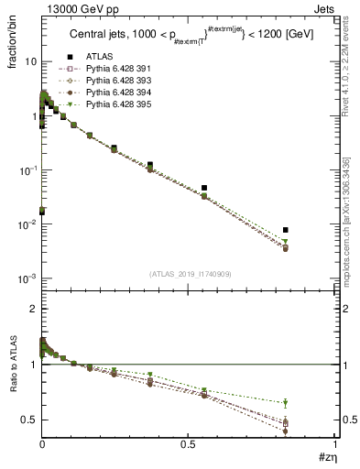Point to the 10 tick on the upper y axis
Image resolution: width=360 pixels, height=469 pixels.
(x=31, y=61)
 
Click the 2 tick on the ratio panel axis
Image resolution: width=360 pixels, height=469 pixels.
(x=34, y=310)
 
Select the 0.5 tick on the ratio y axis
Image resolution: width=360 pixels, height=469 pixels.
(x=30, y=420)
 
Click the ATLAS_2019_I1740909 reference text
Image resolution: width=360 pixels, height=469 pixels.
(x=189, y=274)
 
